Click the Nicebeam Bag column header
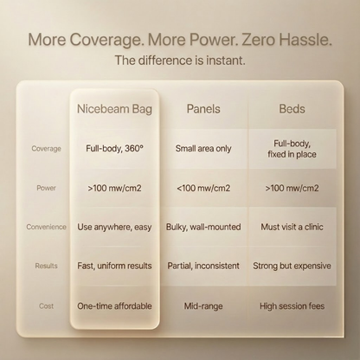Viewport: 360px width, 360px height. pyautogui.click(x=114, y=109)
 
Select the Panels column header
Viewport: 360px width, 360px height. pyautogui.click(x=203, y=109)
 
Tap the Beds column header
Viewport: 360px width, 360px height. pyautogui.click(x=292, y=109)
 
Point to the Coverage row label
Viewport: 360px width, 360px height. pyautogui.click(x=47, y=149)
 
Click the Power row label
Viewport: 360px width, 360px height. pyautogui.click(x=46, y=188)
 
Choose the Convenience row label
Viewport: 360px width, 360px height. pyautogui.click(x=47, y=227)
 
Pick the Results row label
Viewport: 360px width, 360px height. pyautogui.click(x=46, y=266)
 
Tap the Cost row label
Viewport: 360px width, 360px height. pyautogui.click(x=46, y=305)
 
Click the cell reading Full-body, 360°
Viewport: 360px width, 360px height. pyautogui.click(x=114, y=149)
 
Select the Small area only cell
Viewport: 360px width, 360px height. pyautogui.click(x=203, y=148)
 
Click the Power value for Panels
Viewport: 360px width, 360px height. pyautogui.click(x=203, y=188)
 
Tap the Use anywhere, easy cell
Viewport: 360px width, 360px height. pyautogui.click(x=114, y=227)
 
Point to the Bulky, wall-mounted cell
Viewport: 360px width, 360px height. pyautogui.click(x=203, y=227)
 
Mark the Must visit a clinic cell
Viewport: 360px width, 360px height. pyautogui.click(x=292, y=227)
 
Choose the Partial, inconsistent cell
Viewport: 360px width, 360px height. pyautogui.click(x=203, y=266)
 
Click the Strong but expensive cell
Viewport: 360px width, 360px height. pyautogui.click(x=292, y=266)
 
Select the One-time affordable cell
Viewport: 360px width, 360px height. pyautogui.click(x=114, y=305)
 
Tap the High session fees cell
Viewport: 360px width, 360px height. pyautogui.click(x=292, y=305)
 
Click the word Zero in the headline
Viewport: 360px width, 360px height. pyautogui.click(x=258, y=40)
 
